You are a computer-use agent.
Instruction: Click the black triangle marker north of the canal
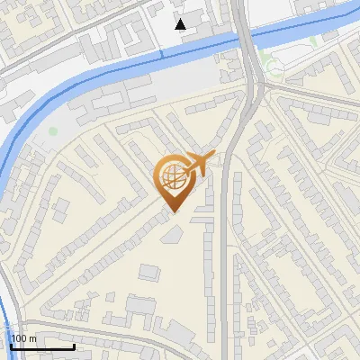click(x=182, y=24)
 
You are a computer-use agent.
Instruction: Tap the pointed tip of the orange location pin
click(x=171, y=211)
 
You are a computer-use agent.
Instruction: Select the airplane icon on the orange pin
click(x=198, y=165)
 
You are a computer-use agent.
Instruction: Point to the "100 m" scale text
click(x=24, y=338)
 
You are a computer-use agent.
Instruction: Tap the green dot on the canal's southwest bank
click(x=53, y=131)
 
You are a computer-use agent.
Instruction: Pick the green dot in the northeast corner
click(x=313, y=40)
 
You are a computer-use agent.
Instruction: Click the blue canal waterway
click(x=90, y=76)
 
